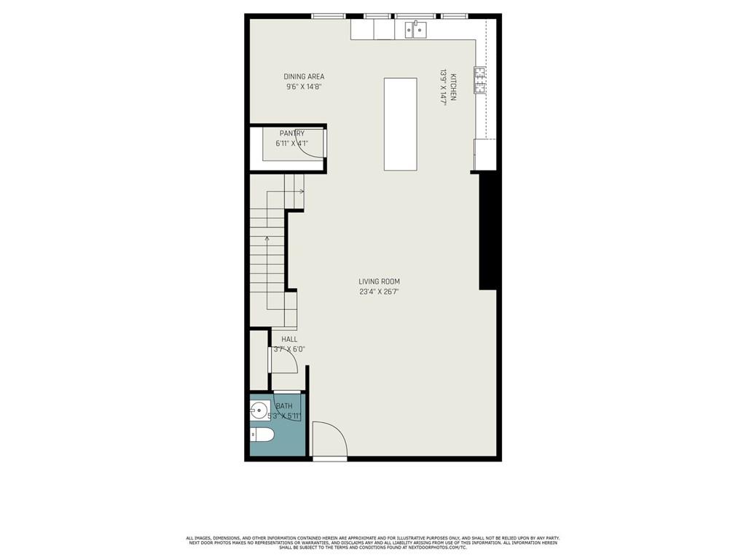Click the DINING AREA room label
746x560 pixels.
[x=304, y=77]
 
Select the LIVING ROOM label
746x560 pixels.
[x=379, y=281]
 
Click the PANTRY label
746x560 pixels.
[x=291, y=133]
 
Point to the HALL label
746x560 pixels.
[x=289, y=339]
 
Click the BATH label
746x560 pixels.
[x=284, y=406]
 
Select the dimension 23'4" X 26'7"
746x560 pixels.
[x=379, y=292]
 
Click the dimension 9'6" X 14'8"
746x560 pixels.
[x=304, y=87]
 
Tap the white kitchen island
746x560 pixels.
[x=400, y=124]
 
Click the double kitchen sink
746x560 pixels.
[x=416, y=30]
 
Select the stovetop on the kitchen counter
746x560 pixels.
[x=480, y=80]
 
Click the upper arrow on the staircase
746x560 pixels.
[x=299, y=191]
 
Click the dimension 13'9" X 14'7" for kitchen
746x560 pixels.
[x=442, y=87]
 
